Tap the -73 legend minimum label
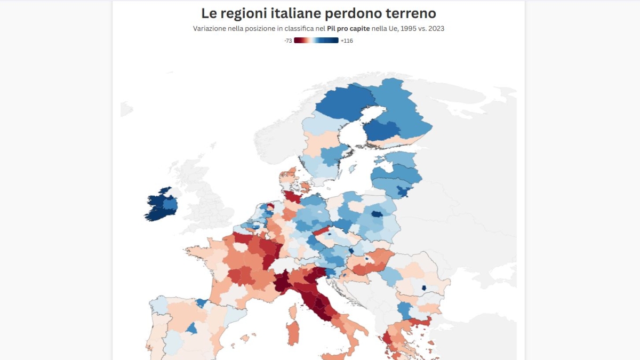click(287, 41)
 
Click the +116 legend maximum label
click(347, 41)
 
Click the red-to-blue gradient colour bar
click(316, 41)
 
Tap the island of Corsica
click(292, 311)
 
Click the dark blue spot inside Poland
click(377, 214)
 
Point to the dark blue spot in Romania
click(424, 288)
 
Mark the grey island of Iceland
click(126, 109)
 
